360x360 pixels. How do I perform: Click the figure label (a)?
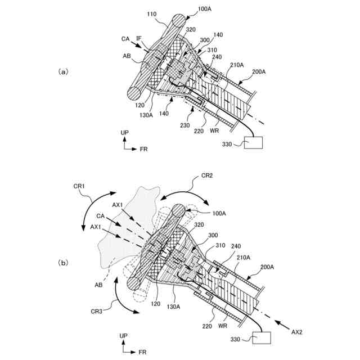[63, 72]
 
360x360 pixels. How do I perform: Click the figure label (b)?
[63, 263]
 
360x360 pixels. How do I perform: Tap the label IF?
[139, 38]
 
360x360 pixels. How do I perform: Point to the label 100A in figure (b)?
[218, 214]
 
